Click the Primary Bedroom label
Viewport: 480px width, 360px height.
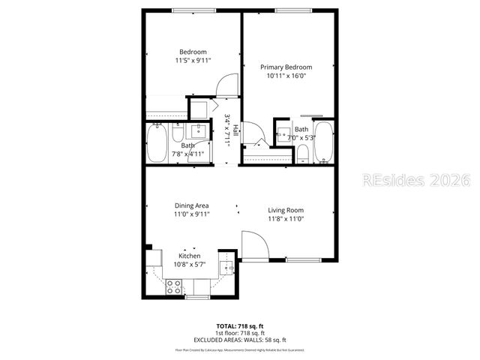point(286,67)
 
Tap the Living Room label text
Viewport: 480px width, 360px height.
point(286,210)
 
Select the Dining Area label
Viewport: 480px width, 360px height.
point(191,205)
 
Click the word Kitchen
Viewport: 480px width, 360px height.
point(189,256)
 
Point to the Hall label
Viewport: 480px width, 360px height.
point(235,128)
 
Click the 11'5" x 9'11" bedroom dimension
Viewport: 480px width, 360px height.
point(193,59)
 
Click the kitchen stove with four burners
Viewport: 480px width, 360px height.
point(173,286)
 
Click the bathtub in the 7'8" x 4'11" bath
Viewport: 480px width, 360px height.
point(157,144)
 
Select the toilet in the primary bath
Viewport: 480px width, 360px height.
point(302,154)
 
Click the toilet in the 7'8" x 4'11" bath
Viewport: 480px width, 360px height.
point(177,133)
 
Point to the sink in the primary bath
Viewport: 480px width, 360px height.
point(283,135)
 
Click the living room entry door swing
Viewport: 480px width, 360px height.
point(253,246)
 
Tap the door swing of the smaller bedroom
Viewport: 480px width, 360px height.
point(225,86)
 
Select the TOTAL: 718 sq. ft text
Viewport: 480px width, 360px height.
point(240,326)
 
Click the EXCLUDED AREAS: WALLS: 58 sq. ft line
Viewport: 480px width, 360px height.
point(240,339)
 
